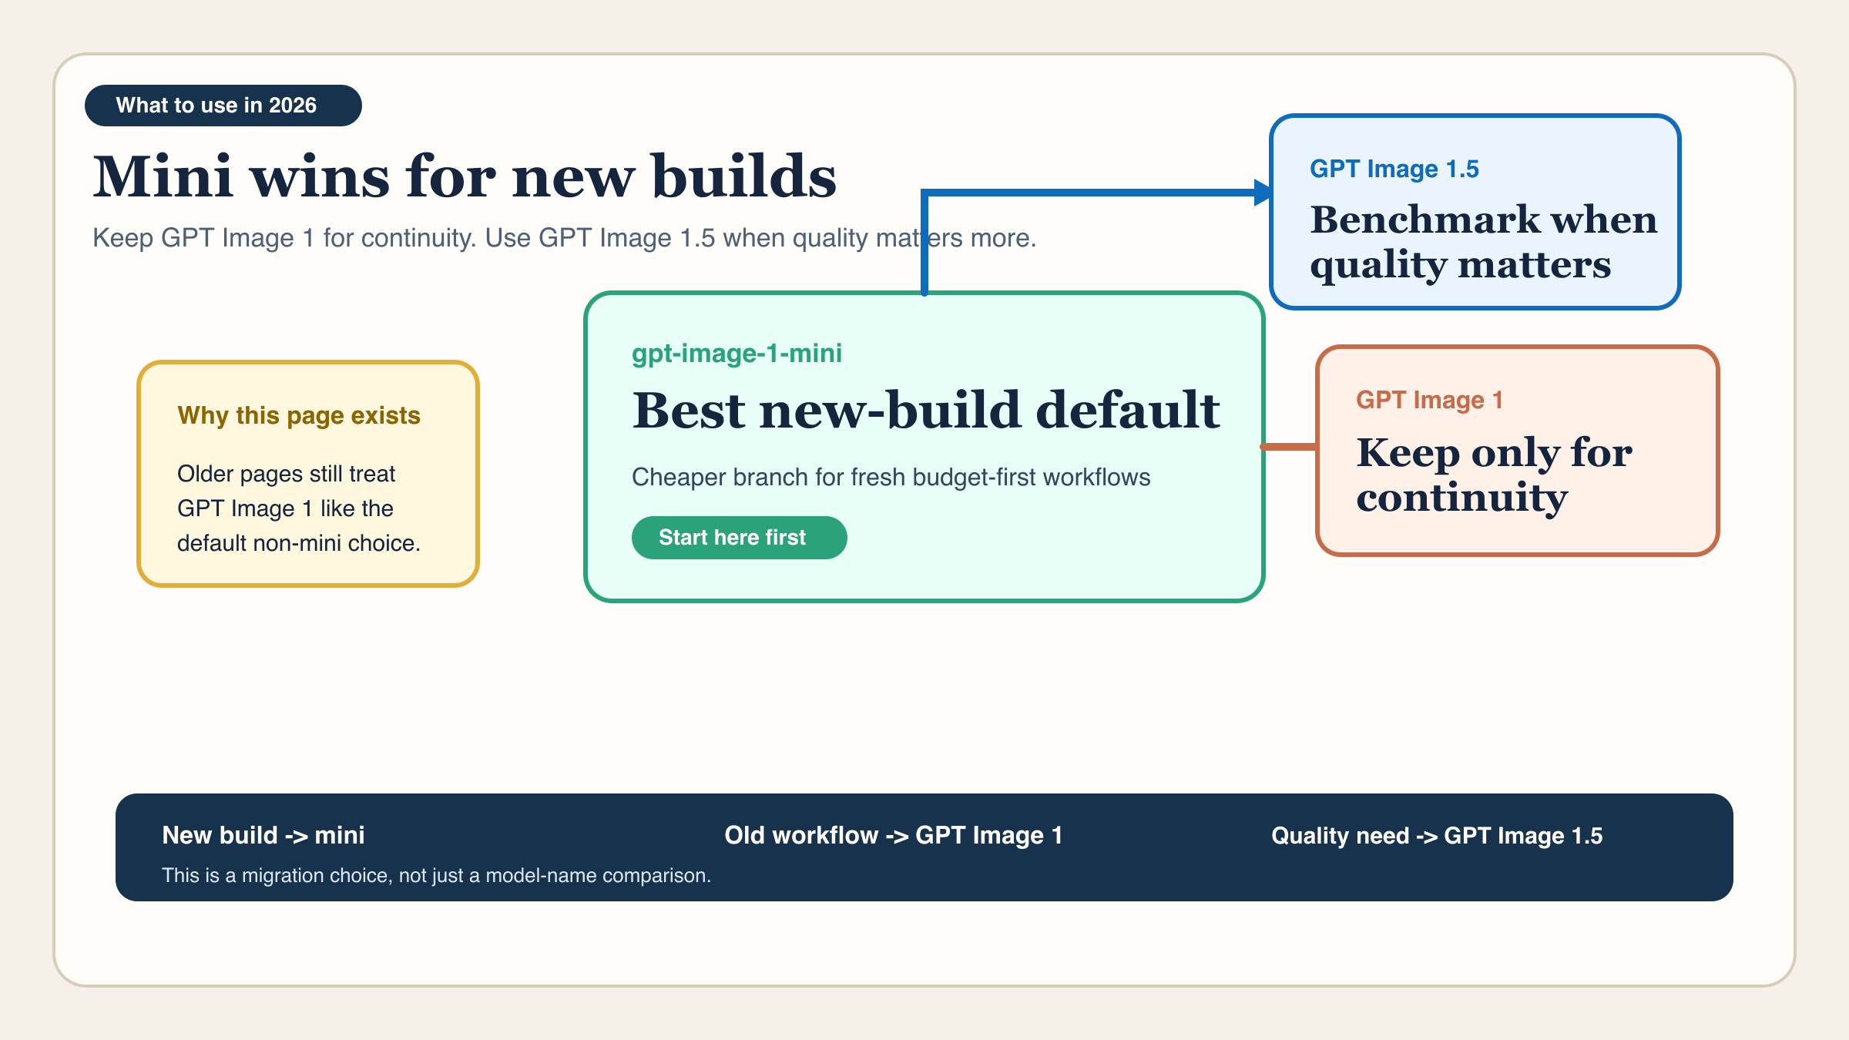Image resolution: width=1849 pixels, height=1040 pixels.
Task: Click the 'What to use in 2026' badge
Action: click(x=223, y=106)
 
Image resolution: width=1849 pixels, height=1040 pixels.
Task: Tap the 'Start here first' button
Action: click(x=740, y=538)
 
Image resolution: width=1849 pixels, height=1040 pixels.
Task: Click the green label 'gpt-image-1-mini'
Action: click(x=737, y=354)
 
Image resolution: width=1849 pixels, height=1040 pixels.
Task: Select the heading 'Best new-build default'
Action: click(x=926, y=410)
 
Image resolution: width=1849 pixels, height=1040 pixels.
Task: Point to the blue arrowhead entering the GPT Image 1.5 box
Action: click(x=1263, y=193)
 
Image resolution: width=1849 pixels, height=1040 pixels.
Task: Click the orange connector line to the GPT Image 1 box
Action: click(x=1289, y=447)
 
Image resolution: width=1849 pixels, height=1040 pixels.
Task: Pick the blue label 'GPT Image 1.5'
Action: click(x=1394, y=169)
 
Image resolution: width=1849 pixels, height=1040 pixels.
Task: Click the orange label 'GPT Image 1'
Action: click(x=1429, y=400)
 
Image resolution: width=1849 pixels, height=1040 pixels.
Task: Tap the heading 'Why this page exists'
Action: click(x=299, y=416)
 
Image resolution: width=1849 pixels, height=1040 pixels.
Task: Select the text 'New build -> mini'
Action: click(x=263, y=835)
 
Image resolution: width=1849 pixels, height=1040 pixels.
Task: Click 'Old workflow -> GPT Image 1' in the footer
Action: click(x=894, y=835)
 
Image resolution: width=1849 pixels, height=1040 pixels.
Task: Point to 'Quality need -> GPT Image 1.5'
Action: click(x=1437, y=836)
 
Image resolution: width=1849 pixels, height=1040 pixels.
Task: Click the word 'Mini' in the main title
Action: click(x=163, y=176)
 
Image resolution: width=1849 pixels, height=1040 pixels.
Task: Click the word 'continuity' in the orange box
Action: click(x=1462, y=498)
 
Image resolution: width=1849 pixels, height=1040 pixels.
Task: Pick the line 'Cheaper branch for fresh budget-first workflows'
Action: click(x=891, y=478)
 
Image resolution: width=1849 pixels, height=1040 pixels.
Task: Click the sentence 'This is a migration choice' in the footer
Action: click(x=437, y=876)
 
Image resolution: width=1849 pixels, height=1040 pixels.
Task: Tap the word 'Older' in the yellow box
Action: click(x=206, y=474)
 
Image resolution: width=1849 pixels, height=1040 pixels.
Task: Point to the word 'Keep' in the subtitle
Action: click(x=123, y=238)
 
